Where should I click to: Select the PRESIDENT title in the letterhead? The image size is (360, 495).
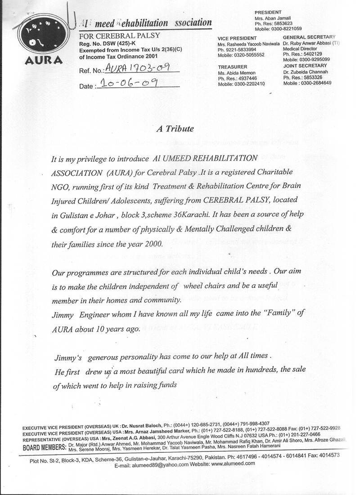(269, 12)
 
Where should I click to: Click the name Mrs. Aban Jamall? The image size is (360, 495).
(272, 18)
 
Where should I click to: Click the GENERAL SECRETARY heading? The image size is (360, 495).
(309, 37)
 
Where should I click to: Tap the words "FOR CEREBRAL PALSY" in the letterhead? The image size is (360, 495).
(119, 35)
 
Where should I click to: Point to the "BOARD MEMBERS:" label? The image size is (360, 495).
(44, 447)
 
